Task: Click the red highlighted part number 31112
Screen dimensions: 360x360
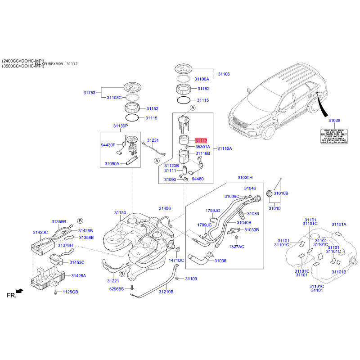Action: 200,141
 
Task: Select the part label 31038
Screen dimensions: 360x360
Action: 334,121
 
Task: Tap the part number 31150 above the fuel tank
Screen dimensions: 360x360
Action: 120,212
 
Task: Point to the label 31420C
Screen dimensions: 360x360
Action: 40,232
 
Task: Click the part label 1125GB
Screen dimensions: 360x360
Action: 70,292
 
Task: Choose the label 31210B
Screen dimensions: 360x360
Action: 166,292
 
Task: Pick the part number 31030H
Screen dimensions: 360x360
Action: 245,178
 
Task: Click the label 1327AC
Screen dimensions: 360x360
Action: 236,247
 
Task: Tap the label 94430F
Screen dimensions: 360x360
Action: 108,145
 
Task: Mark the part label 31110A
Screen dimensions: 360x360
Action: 225,148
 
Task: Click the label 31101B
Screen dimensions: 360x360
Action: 338,272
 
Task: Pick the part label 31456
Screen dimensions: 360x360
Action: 165,208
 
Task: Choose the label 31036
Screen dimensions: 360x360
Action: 220,261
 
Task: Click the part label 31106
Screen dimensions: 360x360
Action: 224,74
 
